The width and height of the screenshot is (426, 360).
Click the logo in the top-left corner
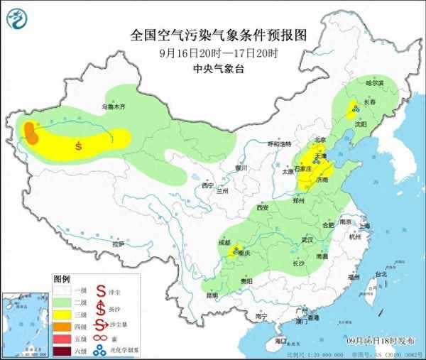pos(19,20)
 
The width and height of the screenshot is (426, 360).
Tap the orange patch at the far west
pos(31,131)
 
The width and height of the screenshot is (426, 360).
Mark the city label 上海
pos(364,226)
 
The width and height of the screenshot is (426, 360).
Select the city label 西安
pos(263,208)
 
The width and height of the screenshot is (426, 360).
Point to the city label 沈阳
pos(360,124)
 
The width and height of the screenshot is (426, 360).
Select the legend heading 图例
pos(62,278)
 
